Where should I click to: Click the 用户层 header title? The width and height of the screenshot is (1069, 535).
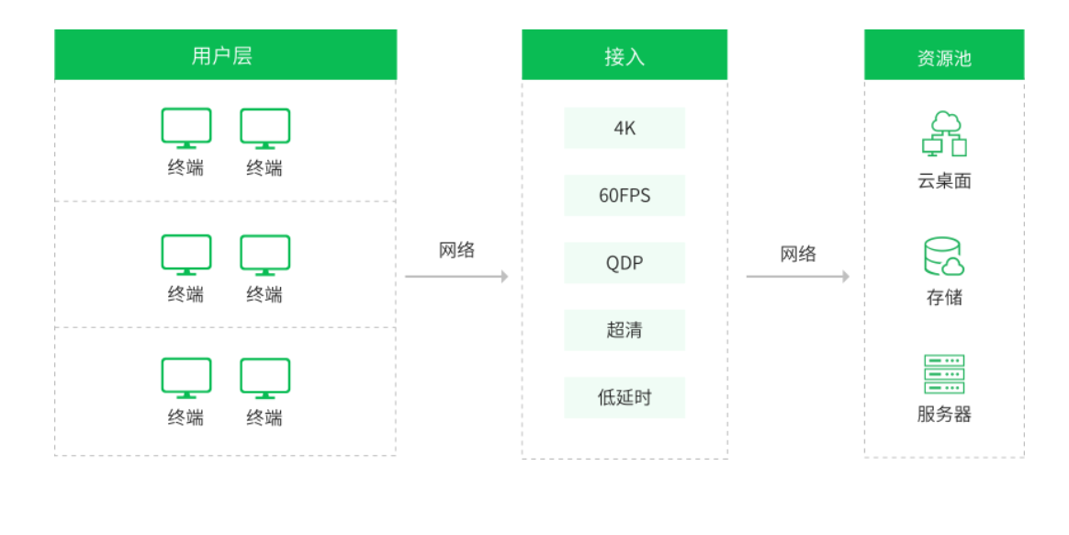click(x=221, y=55)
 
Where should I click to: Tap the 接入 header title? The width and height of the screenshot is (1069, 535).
click(x=625, y=56)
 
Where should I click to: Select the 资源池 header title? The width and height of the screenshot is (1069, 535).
click(x=944, y=58)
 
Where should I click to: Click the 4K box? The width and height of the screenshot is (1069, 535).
click(x=625, y=128)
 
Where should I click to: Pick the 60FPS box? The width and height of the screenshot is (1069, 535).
click(x=625, y=195)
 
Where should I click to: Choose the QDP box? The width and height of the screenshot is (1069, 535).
click(x=625, y=263)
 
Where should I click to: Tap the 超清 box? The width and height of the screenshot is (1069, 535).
click(x=625, y=330)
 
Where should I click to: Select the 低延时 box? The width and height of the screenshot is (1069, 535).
click(x=625, y=397)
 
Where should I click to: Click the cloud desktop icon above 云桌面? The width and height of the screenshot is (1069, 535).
click(x=944, y=134)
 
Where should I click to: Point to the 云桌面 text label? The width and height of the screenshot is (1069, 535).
click(x=944, y=181)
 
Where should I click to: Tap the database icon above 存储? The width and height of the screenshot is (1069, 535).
click(x=944, y=256)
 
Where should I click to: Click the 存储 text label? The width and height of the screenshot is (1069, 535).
click(x=944, y=298)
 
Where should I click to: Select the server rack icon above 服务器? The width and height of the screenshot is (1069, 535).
click(x=944, y=374)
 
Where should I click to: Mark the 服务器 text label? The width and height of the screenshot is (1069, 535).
click(x=944, y=415)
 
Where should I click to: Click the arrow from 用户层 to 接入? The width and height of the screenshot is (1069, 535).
click(x=456, y=277)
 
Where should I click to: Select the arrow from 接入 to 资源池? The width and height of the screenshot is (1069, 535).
click(x=798, y=277)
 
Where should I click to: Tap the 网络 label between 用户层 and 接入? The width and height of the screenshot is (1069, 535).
click(x=456, y=250)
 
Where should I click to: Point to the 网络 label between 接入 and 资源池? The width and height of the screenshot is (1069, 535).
click(x=798, y=254)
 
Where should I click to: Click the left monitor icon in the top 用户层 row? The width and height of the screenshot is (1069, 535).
click(x=186, y=129)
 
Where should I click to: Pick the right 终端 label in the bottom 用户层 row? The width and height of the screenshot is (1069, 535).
click(x=264, y=417)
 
